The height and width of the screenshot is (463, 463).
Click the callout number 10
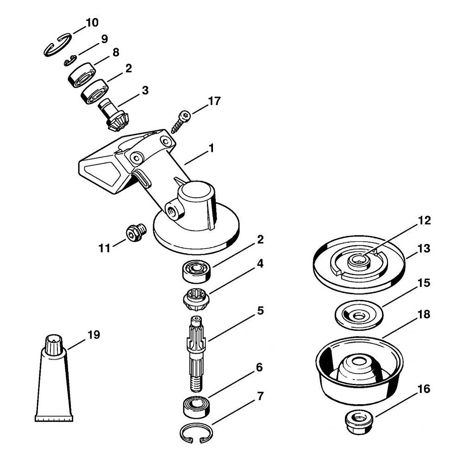tap(92, 23)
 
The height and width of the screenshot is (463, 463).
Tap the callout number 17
tap(214, 101)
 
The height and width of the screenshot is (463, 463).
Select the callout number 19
tap(94, 335)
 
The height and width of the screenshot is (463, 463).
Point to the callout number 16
tap(424, 389)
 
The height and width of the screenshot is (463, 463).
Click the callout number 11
tap(104, 248)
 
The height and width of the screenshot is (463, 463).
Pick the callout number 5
tap(260, 311)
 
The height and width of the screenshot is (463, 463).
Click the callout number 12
tap(424, 220)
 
